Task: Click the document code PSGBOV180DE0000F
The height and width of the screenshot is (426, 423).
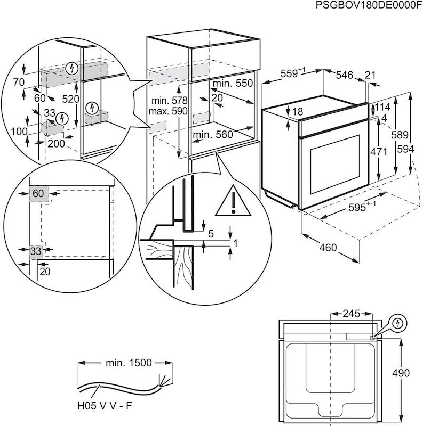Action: [x=369, y=6]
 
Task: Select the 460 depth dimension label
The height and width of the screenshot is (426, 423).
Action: [x=329, y=248]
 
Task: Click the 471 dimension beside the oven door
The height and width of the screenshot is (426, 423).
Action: [x=379, y=151]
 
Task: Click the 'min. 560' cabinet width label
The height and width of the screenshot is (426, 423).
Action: [x=213, y=135]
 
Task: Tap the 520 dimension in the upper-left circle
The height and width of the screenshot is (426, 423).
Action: [x=70, y=99]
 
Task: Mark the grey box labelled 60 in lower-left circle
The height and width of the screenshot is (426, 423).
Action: [x=37, y=194]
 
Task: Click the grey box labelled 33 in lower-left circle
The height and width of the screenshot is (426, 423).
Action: [x=36, y=250]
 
